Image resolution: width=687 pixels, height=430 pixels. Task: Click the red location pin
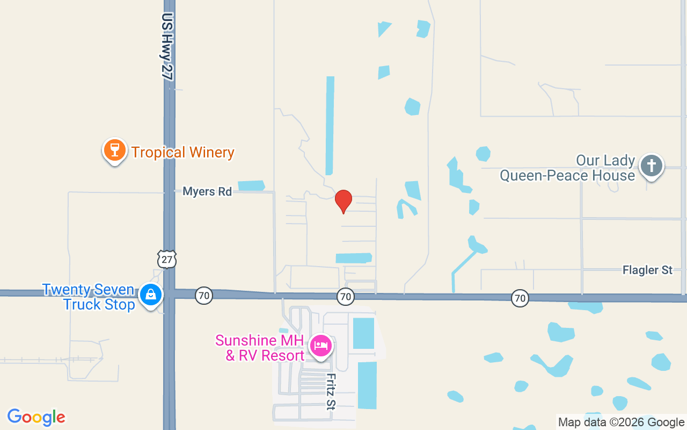pyautogui.click(x=343, y=200)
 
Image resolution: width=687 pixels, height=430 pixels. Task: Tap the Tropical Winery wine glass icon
pyautogui.click(x=114, y=150)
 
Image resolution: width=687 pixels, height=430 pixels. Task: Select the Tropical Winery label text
pyautogui.click(x=183, y=153)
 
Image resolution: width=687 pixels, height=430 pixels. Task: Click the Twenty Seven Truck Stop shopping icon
pyautogui.click(x=151, y=295)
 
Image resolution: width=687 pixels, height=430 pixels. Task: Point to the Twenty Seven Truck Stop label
pyautogui.click(x=89, y=297)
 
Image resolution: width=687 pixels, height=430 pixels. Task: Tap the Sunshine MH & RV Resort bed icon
pyautogui.click(x=320, y=346)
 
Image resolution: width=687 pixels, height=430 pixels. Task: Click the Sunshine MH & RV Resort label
pyautogui.click(x=260, y=348)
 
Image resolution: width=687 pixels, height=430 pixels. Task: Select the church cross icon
pyautogui.click(x=652, y=165)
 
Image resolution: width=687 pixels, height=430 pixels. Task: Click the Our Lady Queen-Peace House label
pyautogui.click(x=567, y=168)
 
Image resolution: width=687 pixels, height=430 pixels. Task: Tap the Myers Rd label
pyautogui.click(x=207, y=191)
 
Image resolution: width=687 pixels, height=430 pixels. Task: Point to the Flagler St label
pyautogui.click(x=647, y=270)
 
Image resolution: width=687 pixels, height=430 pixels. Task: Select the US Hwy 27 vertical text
pyautogui.click(x=167, y=47)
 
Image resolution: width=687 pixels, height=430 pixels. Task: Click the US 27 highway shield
pyautogui.click(x=167, y=259)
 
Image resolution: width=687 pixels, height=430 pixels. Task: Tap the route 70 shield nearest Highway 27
pyautogui.click(x=203, y=295)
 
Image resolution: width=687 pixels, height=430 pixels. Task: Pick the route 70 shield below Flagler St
pyautogui.click(x=520, y=298)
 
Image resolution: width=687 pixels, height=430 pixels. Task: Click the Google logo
pyautogui.click(x=36, y=417)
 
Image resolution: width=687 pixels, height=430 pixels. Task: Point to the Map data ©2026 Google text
pyautogui.click(x=621, y=422)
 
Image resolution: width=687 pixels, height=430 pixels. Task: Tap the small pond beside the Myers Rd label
pyautogui.click(x=251, y=185)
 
